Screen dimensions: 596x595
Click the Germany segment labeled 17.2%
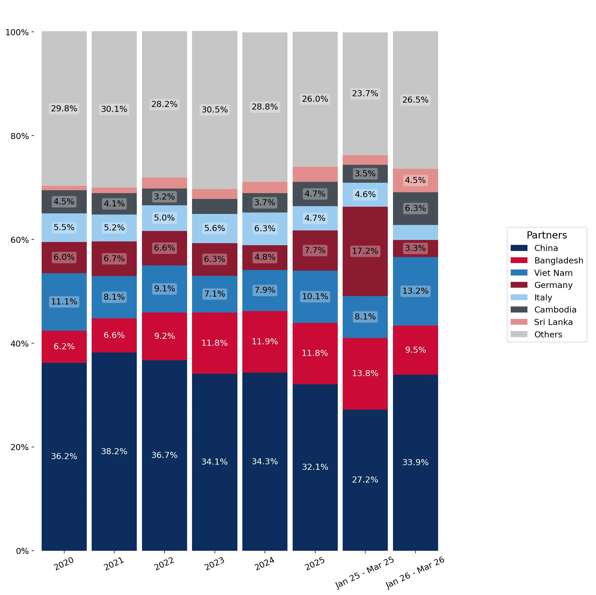(365, 252)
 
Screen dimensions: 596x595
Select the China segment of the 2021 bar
(114, 452)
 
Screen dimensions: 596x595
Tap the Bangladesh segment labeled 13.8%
(365, 374)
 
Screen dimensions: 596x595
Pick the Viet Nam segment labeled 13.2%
(415, 291)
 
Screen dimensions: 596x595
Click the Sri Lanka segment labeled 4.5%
(415, 180)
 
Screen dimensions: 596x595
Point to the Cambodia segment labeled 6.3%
(415, 208)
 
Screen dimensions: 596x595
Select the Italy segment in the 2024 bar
(265, 229)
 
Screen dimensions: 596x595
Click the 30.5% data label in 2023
(214, 110)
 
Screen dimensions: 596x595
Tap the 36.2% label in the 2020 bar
(64, 456)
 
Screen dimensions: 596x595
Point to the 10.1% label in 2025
(315, 296)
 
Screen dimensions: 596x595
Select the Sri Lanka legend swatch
(519, 322)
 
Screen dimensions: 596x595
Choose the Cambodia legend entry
(544, 309)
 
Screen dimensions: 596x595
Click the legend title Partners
(547, 235)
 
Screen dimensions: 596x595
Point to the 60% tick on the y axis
(33, 240)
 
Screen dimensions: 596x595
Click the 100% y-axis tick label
(17, 32)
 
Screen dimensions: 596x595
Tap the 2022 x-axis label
(165, 564)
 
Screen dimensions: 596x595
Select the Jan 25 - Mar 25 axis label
(365, 572)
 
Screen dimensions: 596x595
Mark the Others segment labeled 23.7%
(365, 94)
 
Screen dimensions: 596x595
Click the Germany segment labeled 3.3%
(415, 248)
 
